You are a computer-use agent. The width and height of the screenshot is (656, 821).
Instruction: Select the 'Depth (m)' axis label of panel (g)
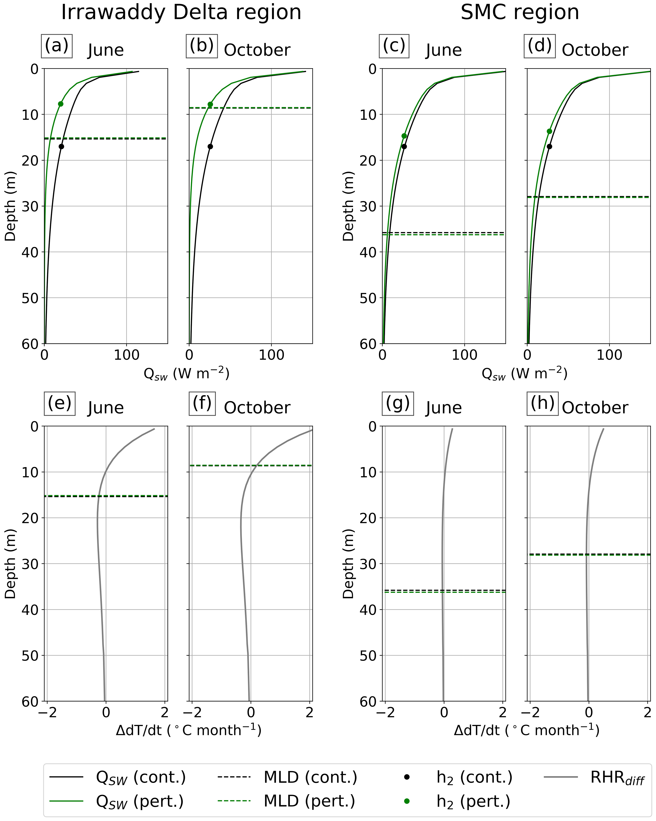[x=348, y=564]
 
